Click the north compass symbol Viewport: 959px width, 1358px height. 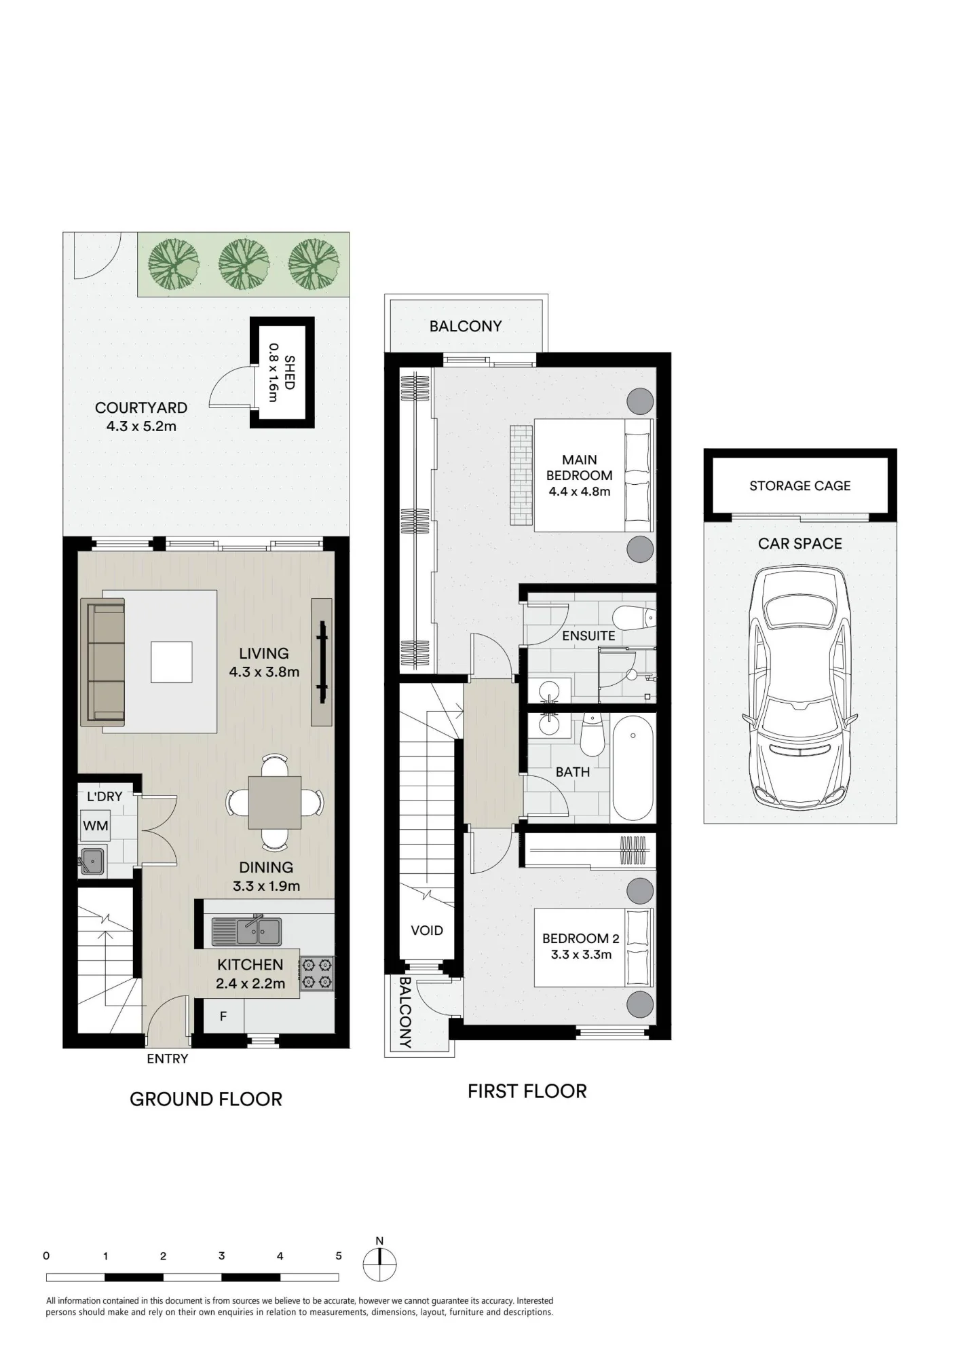(379, 1262)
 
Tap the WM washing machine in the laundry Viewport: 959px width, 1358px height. (96, 826)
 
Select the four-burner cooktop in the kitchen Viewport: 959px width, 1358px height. (317, 973)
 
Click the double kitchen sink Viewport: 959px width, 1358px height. (246, 931)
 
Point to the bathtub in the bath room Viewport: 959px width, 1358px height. (633, 767)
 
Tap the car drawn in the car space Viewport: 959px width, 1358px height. (800, 686)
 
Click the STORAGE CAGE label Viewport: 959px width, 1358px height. (800, 485)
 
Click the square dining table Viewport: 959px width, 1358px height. (274, 803)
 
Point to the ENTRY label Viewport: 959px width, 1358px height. (168, 1059)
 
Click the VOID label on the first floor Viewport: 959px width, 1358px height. (427, 930)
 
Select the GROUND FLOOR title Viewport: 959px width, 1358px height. (206, 1099)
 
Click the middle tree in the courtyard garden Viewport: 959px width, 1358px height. (243, 263)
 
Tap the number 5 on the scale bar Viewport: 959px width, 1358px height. (339, 1255)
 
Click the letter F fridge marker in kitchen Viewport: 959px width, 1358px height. (223, 1016)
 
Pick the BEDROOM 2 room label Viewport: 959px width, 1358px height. (580, 938)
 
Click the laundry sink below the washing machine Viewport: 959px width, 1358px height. (92, 861)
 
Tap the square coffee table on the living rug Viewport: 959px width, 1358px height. (172, 662)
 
